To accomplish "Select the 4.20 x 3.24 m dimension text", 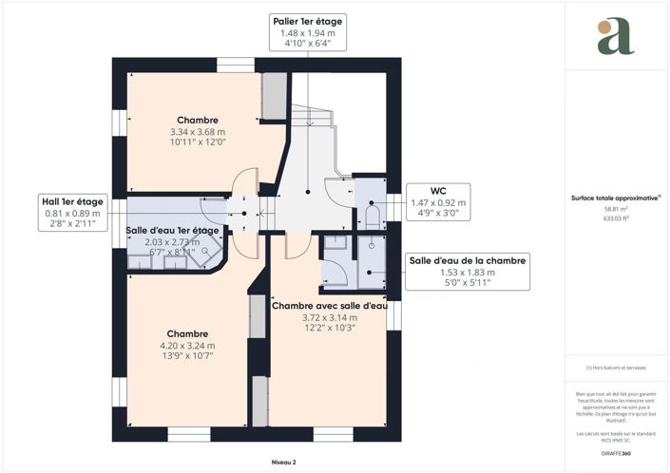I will [187, 346].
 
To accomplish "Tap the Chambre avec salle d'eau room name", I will [330, 306].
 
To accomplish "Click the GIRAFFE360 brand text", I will [617, 456].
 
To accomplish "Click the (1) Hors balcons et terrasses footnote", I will [617, 369].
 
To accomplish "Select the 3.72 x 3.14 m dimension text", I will [330, 317].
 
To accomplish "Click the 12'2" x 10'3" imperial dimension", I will [330, 329].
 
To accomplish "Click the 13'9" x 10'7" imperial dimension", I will [187, 357].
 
